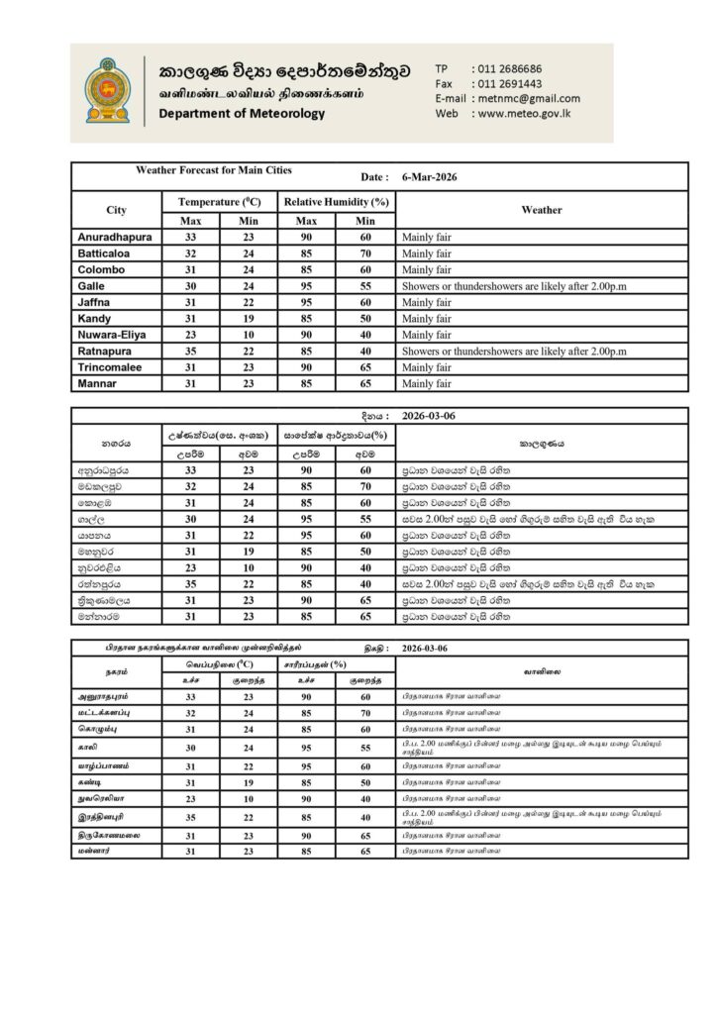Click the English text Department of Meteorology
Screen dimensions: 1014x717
(x=242, y=114)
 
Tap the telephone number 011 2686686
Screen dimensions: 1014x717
(x=509, y=68)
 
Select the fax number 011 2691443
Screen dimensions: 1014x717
(x=509, y=84)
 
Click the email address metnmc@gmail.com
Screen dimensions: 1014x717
(x=528, y=99)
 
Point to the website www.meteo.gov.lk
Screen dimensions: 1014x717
(x=523, y=114)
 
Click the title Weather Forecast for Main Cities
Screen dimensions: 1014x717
(x=214, y=170)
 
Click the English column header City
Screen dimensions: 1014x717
(x=116, y=210)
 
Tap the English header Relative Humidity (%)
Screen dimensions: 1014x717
(x=337, y=202)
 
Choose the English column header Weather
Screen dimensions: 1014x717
(x=541, y=210)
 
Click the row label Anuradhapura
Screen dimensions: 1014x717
(x=115, y=239)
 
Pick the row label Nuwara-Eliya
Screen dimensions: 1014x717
(x=112, y=335)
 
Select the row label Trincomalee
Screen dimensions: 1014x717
(x=111, y=366)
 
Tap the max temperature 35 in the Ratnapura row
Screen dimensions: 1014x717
(x=191, y=351)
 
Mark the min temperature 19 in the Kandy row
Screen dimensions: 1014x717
(x=249, y=319)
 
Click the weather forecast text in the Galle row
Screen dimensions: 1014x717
(x=515, y=286)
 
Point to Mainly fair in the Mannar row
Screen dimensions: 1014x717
(x=426, y=382)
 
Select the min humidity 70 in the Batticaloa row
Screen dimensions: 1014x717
(x=365, y=254)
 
